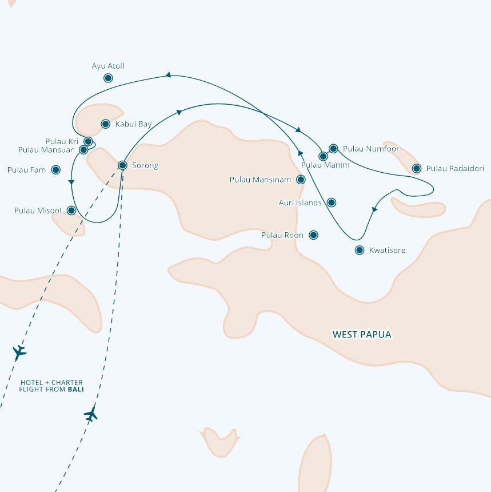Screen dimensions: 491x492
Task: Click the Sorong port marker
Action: click(x=122, y=165)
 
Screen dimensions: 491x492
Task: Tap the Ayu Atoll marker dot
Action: click(x=108, y=78)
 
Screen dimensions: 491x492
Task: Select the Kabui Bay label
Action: click(x=133, y=124)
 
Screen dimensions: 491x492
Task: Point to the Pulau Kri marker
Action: click(x=89, y=141)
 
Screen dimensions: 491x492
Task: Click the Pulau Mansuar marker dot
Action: click(x=83, y=150)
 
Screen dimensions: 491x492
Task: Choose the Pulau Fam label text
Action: click(x=26, y=170)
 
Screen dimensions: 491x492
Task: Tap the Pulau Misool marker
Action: click(x=71, y=210)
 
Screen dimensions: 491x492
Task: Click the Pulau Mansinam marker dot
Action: click(x=301, y=180)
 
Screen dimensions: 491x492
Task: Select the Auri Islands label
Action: click(x=300, y=203)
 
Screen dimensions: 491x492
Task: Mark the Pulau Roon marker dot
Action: click(x=314, y=235)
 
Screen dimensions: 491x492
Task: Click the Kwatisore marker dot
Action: click(x=360, y=250)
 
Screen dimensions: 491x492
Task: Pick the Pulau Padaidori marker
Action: click(x=416, y=169)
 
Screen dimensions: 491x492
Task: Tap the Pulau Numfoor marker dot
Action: click(x=333, y=148)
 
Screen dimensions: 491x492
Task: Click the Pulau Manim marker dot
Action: click(x=324, y=156)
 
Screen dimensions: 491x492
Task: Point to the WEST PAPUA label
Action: click(x=362, y=335)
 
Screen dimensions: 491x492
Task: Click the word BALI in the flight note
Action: click(x=75, y=390)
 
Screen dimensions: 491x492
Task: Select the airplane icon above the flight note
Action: click(x=19, y=352)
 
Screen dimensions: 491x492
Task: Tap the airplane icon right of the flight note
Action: click(x=91, y=414)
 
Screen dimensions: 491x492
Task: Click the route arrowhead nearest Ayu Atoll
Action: click(x=169, y=75)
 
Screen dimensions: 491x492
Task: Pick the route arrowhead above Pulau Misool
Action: click(x=71, y=182)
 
